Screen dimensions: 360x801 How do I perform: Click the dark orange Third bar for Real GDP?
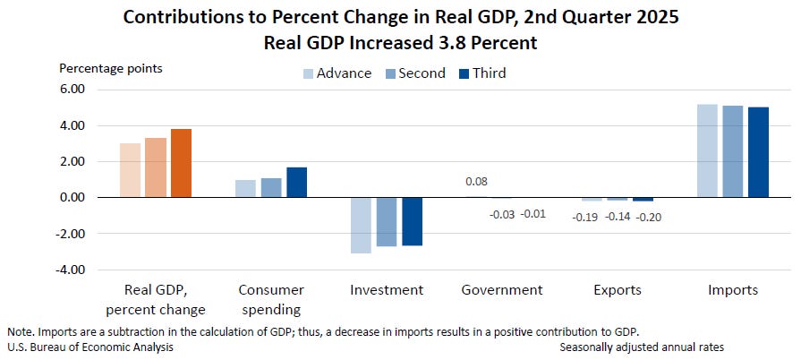181,163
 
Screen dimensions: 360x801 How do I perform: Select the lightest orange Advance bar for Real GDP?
130,170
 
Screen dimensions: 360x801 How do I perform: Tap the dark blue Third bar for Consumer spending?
296,182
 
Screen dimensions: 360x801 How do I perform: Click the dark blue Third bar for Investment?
412,221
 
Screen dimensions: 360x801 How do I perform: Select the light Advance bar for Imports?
707,150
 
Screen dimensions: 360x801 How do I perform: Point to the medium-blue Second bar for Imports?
732,151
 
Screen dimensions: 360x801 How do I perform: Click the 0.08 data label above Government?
476,181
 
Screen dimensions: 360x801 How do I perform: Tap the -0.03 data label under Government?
501,214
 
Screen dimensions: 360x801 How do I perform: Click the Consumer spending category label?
271,299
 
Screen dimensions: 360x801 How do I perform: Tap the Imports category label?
732,290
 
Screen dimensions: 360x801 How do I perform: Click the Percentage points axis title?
111,68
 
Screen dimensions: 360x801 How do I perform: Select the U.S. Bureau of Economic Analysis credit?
89,347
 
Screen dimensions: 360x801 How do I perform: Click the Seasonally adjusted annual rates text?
642,347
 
